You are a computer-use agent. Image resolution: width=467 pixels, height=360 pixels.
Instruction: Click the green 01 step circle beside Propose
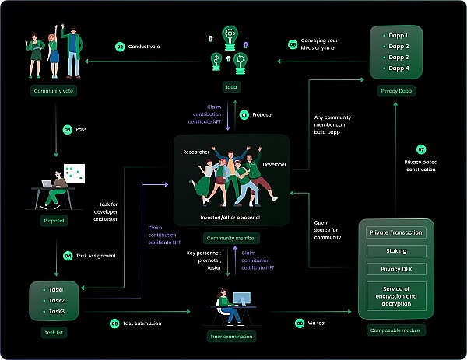pos(244,115)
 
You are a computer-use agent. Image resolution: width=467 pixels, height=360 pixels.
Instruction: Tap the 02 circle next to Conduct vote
pos(120,47)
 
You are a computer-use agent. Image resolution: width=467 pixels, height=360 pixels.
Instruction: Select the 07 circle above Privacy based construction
pos(421,149)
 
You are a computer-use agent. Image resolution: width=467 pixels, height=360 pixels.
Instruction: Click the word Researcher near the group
pos(195,152)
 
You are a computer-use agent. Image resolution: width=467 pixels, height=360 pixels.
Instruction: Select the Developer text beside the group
pos(275,165)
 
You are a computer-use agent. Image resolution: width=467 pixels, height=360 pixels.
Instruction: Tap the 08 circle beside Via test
pos(300,322)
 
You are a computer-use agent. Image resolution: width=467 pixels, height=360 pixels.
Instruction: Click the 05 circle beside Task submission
pos(114,322)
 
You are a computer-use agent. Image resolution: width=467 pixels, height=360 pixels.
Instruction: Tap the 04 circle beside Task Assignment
pos(68,255)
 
